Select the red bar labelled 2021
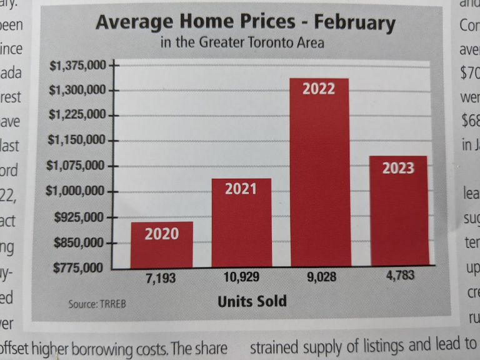pos(241,225)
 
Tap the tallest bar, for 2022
pos(319,175)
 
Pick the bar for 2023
pos(398,212)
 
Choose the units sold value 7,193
pos(161,279)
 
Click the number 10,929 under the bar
pos(241,277)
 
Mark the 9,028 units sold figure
pos(321,276)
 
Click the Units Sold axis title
pos(252,301)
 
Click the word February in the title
pos(354,23)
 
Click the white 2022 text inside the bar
pos(319,89)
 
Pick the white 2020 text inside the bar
pos(161,234)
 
